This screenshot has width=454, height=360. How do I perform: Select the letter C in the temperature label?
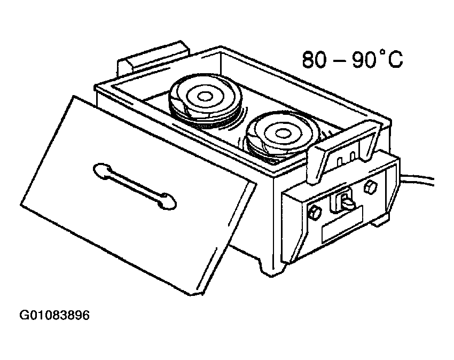394,60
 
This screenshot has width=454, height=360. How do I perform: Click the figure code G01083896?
54,315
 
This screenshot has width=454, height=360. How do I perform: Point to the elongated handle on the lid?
135,186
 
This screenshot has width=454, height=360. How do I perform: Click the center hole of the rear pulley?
205,97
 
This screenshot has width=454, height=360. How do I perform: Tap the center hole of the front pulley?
280,134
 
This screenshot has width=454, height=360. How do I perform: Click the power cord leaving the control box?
417,178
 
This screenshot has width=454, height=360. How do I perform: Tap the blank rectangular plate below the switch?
342,224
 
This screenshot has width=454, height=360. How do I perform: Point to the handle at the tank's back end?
153,57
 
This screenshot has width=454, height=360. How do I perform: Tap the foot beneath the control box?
379,221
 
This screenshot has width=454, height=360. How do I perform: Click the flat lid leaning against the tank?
138,196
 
